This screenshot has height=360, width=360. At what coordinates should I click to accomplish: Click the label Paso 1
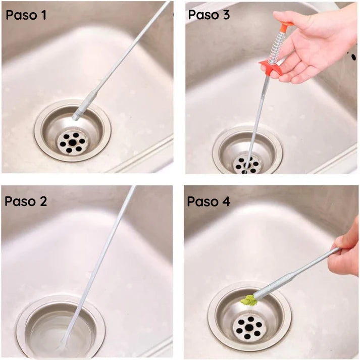(x=26, y=15)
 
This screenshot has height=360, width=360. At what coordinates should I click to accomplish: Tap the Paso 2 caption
(x=26, y=201)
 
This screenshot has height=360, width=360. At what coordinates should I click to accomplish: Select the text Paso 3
(x=209, y=15)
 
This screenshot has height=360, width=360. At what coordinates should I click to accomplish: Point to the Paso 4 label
(x=209, y=201)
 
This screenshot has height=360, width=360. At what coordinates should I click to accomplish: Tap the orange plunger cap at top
(x=285, y=25)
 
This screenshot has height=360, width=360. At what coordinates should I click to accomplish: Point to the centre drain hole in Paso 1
(x=73, y=143)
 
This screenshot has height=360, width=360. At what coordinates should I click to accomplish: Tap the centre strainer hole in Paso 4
(x=249, y=328)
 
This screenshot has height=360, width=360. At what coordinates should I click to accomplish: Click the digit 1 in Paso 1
(x=43, y=15)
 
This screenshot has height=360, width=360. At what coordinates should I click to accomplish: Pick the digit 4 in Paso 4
(x=226, y=201)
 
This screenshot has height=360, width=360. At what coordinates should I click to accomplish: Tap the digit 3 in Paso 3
(x=226, y=15)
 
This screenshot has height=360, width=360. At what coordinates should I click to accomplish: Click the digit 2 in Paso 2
(x=42, y=201)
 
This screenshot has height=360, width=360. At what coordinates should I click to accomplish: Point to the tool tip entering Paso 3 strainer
(x=246, y=164)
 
